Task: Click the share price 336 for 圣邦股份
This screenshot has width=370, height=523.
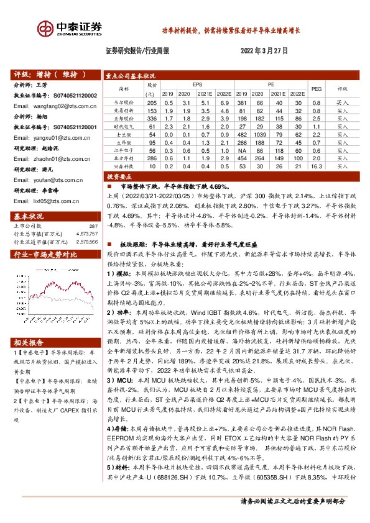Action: pos(151,117)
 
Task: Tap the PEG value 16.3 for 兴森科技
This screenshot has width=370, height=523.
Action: pos(315,166)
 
